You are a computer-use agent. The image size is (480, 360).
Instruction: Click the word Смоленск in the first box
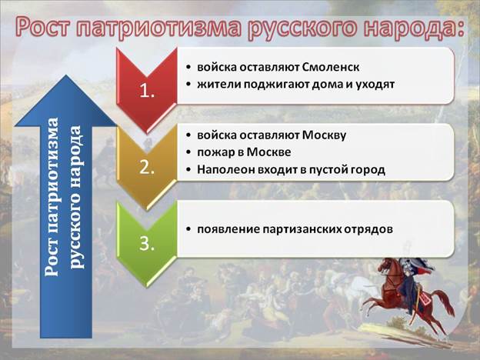click(331, 67)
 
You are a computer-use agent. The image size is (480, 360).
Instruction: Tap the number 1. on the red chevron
click(147, 91)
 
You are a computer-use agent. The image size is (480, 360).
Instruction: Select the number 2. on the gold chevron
click(147, 168)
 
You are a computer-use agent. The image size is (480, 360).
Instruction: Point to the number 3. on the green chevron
click(147, 245)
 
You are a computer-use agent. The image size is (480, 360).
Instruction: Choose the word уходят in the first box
click(375, 85)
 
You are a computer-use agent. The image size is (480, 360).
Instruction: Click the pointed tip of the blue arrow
click(66, 75)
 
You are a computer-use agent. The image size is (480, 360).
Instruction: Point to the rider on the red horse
click(411, 282)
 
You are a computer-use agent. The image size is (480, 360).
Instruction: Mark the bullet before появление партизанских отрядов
click(188, 229)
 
